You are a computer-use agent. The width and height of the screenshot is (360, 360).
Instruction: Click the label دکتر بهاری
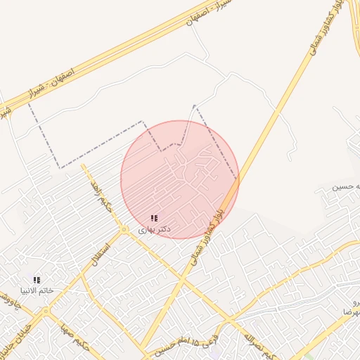coord(154,230)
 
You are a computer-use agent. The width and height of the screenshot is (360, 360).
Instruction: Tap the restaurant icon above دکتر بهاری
coord(154,219)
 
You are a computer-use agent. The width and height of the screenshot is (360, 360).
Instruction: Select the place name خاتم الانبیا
coord(37,290)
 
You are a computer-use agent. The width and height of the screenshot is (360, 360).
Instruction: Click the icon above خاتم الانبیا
coord(37,280)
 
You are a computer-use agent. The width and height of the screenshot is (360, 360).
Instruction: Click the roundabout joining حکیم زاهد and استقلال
coord(124,229)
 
